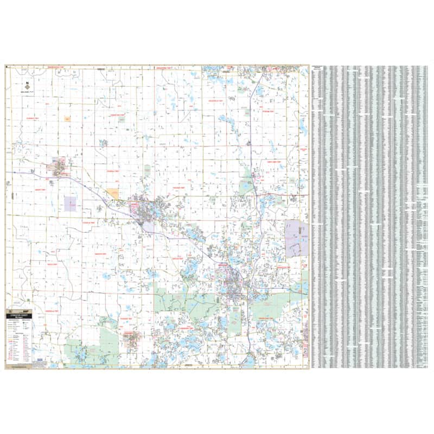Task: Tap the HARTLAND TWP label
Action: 270,162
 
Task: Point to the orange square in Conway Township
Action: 67,119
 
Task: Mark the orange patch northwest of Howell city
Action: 113,193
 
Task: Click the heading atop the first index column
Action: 319,69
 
